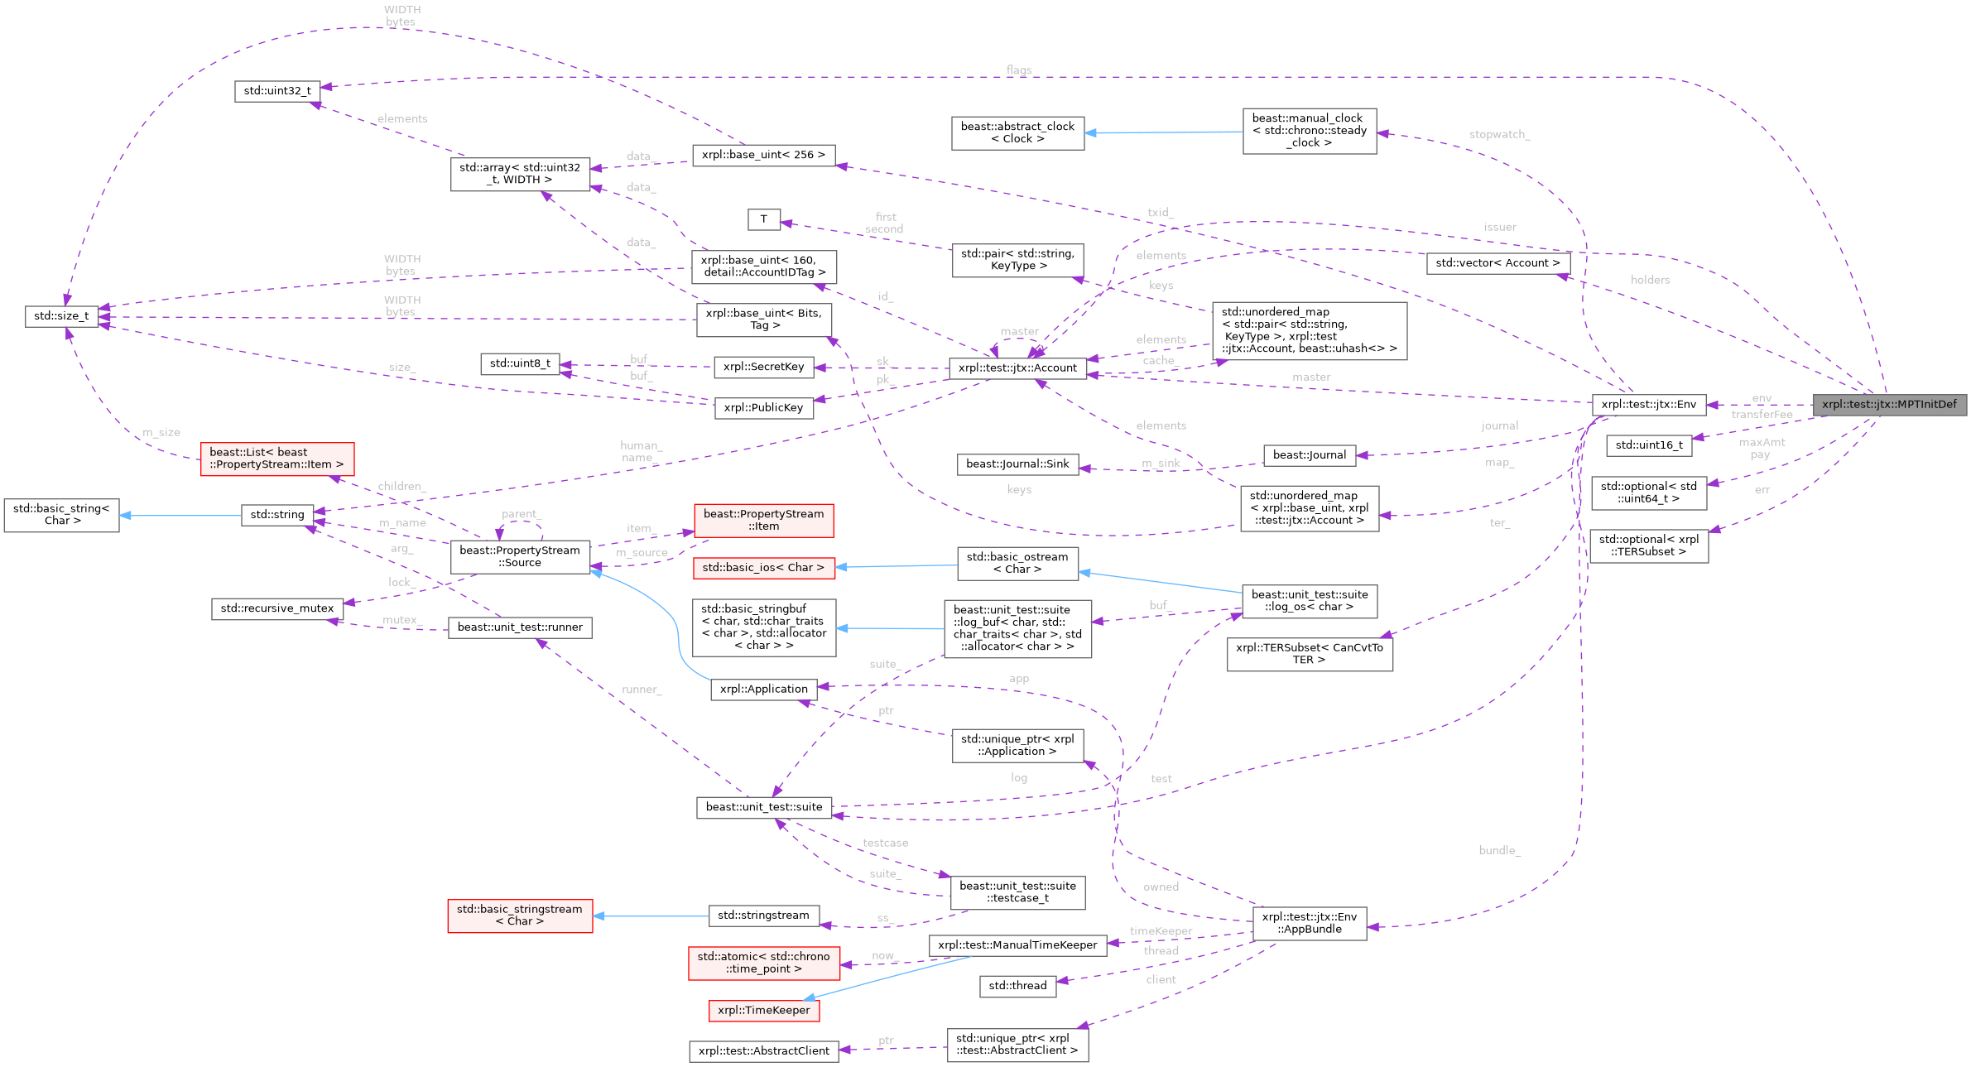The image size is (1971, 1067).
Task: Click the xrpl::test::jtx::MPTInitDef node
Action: (x=1889, y=405)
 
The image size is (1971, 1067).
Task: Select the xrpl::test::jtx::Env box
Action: (x=1648, y=405)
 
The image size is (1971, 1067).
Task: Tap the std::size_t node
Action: (x=61, y=316)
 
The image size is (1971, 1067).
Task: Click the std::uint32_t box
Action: (x=277, y=91)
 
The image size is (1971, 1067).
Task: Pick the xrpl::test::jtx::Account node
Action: (x=1017, y=368)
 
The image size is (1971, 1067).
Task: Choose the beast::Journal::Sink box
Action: (x=1017, y=464)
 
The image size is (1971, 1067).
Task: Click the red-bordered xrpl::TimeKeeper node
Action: (x=763, y=1011)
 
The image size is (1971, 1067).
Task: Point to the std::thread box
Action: (x=1017, y=986)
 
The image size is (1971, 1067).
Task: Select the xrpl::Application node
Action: (x=763, y=690)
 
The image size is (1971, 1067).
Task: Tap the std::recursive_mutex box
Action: (x=276, y=608)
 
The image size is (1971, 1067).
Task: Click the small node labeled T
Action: (x=763, y=219)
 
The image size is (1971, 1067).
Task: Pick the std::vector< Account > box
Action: (x=1497, y=263)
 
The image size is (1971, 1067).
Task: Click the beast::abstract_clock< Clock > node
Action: (x=1017, y=132)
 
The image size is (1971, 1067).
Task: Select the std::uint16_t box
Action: (x=1648, y=445)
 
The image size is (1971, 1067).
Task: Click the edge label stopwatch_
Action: (x=1499, y=134)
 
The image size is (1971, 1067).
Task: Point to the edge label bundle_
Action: (x=1499, y=850)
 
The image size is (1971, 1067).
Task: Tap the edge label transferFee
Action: (x=1762, y=415)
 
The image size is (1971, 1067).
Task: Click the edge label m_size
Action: (x=161, y=433)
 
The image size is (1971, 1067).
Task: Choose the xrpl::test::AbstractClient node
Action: (x=763, y=1051)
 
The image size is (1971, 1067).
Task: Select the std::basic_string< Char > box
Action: (x=61, y=515)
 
